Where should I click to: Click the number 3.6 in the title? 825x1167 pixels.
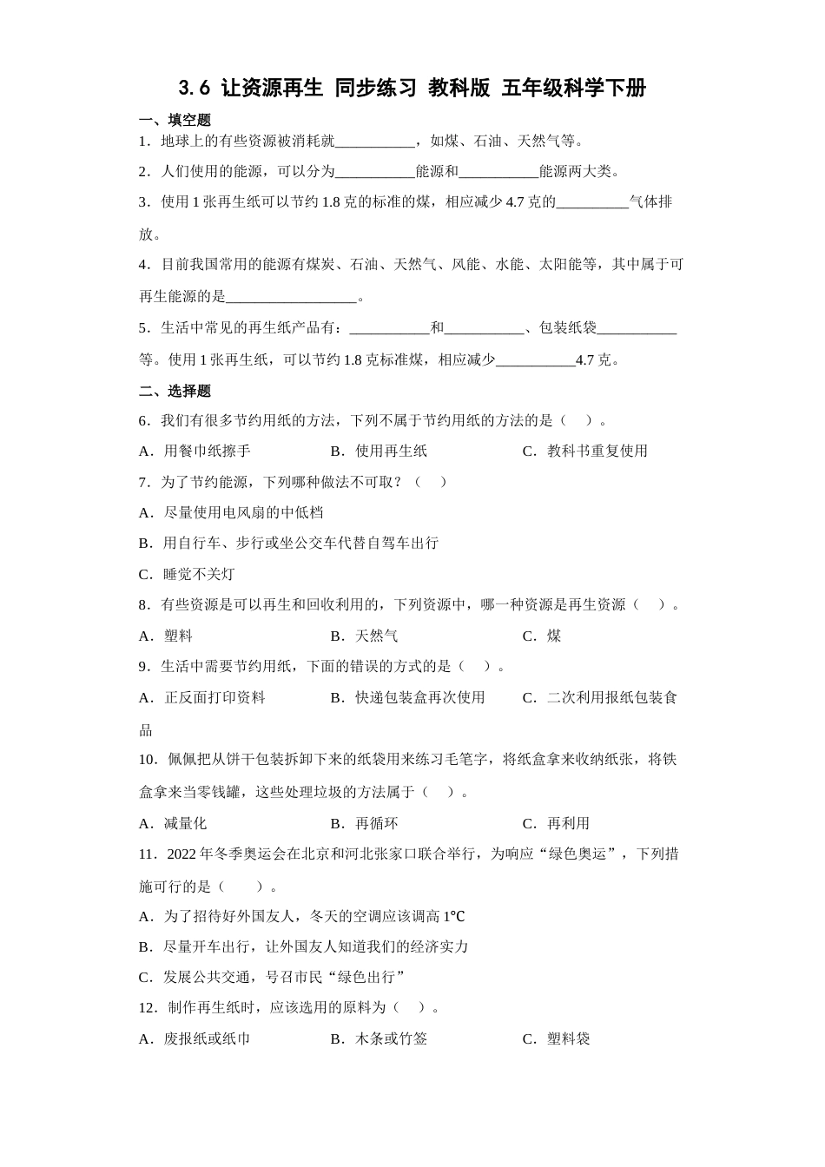195,88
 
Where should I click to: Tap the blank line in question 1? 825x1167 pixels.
375,142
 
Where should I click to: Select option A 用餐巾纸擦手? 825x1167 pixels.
195,451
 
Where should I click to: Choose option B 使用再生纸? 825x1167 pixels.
379,451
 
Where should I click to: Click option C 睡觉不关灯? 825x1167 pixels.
187,574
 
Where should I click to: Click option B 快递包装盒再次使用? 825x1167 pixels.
407,697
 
